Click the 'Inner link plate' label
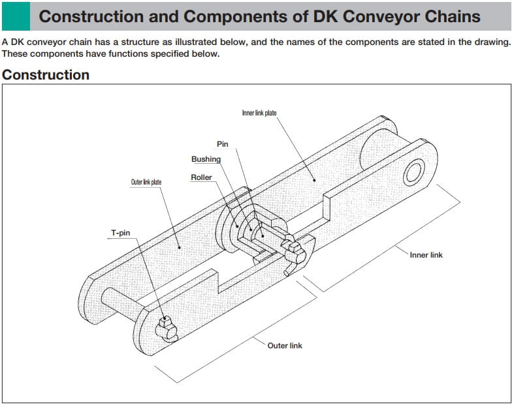[x=259, y=113]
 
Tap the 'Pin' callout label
[x=222, y=144]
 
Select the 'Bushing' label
[x=206, y=159]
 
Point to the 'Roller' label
[x=201, y=177]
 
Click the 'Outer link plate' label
[x=146, y=182]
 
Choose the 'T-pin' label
[x=119, y=232]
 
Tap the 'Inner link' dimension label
[x=426, y=254]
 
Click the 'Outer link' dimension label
[x=285, y=345]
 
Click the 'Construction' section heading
[x=46, y=75]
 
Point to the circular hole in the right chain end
[x=413, y=173]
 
